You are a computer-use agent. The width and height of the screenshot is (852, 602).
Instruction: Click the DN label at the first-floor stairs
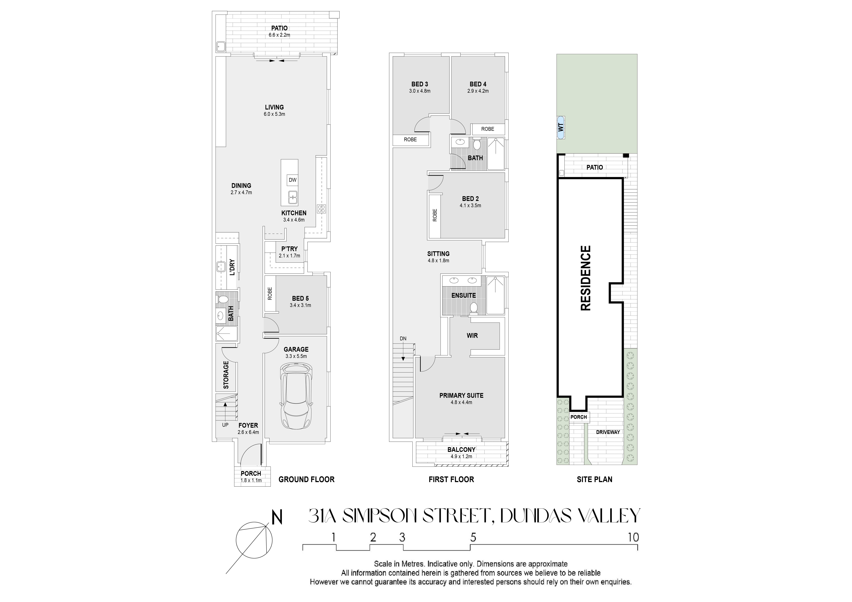(403, 338)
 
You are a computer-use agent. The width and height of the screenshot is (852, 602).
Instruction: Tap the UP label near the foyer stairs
(225, 425)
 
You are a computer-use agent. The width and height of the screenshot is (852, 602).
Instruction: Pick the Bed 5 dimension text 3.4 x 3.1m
(300, 305)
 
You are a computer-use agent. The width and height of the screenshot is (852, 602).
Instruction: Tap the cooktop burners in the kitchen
(321, 209)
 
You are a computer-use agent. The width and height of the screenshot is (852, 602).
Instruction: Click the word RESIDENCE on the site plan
(585, 278)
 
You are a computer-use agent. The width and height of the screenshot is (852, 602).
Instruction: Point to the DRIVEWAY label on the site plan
(608, 432)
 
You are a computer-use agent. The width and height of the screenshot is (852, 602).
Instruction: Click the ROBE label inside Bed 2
(435, 215)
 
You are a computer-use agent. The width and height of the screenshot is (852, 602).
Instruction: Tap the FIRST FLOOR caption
(451, 479)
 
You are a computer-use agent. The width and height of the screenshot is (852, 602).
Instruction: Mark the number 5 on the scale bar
(473, 537)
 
